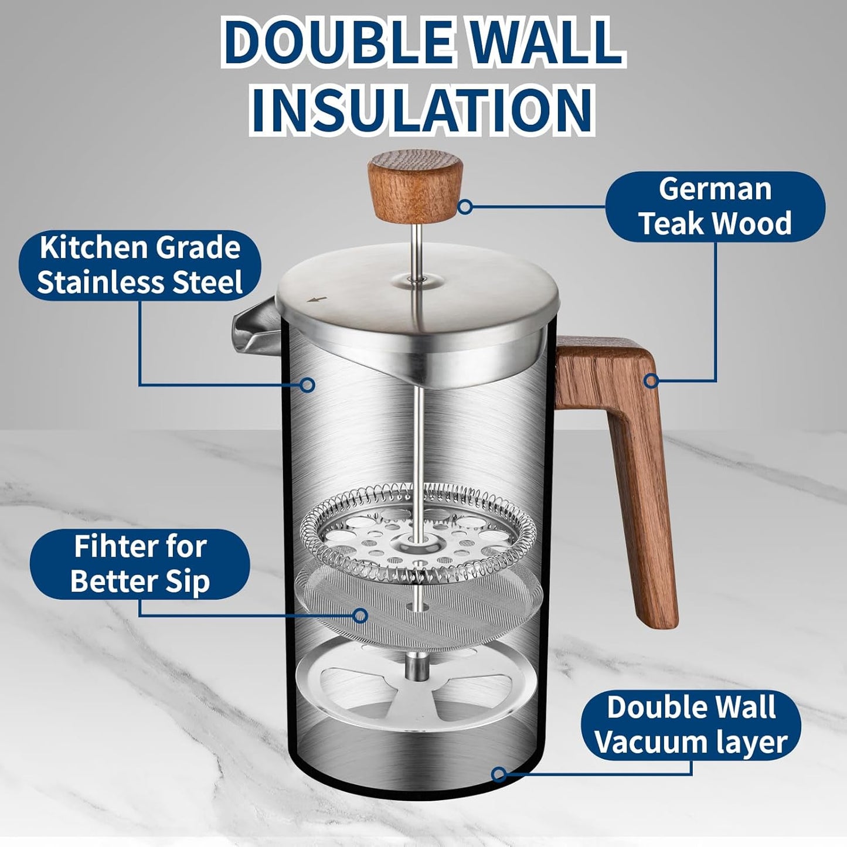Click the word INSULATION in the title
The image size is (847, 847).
tap(423, 108)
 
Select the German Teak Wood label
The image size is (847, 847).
tap(715, 206)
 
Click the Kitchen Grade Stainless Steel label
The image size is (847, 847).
tap(140, 264)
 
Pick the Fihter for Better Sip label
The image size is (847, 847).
tap(140, 564)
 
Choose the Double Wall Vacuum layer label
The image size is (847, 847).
tap(691, 724)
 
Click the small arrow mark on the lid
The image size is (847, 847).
tap(317, 300)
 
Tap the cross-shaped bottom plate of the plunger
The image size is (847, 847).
tap(417, 686)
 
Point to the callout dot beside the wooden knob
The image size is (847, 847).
tap(465, 206)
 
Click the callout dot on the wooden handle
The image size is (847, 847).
tap(649, 381)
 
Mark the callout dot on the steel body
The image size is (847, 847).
tap(307, 385)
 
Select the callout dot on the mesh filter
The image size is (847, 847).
tap(361, 615)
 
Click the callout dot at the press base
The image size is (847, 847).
tap(498, 774)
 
